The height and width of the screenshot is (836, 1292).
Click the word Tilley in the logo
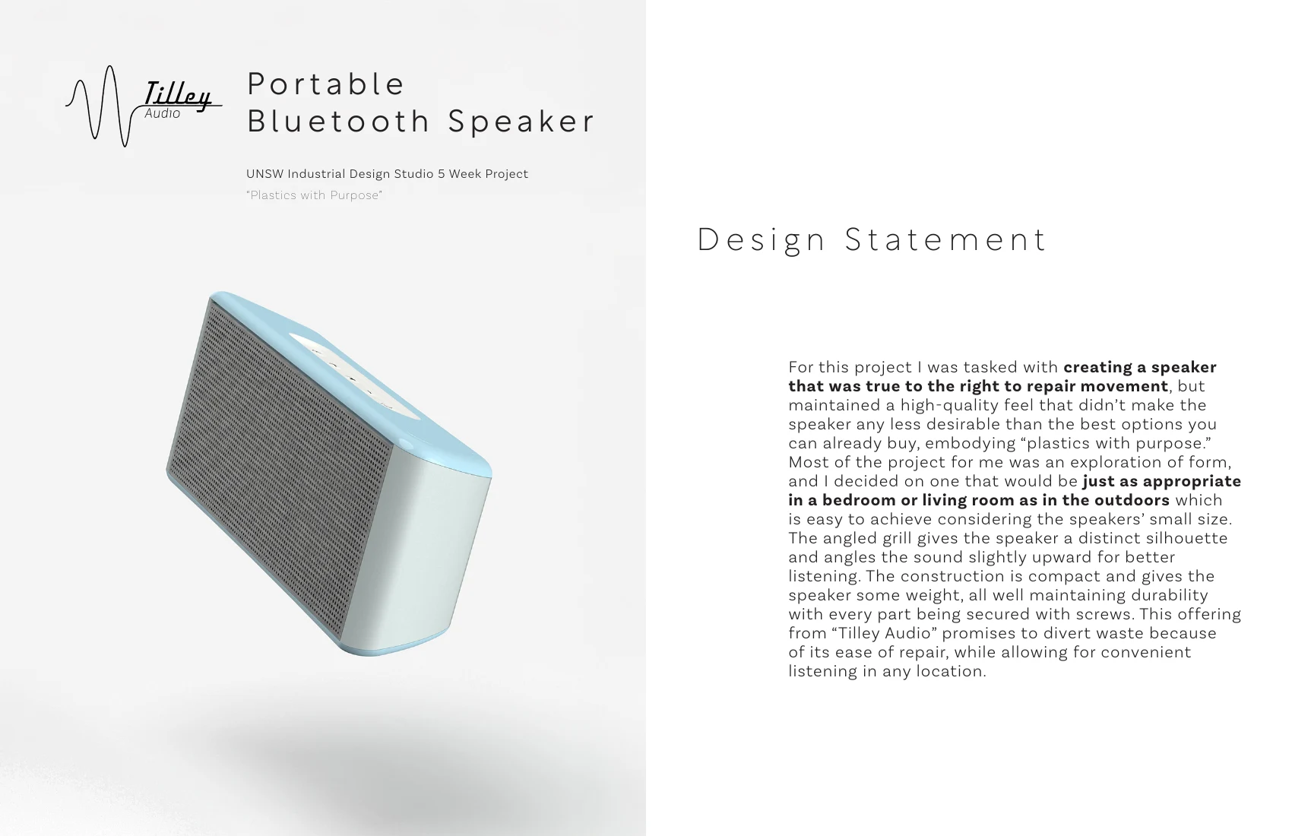(178, 95)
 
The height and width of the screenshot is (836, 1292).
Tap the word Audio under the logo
(162, 114)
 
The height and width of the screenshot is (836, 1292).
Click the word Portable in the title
(326, 84)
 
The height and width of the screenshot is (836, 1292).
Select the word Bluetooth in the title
(338, 121)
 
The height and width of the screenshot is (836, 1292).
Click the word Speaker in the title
(521, 122)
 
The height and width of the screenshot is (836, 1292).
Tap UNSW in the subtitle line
(264, 174)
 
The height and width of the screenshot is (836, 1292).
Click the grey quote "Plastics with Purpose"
(315, 195)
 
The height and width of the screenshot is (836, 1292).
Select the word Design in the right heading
(762, 240)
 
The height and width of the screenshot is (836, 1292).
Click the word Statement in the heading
(945, 239)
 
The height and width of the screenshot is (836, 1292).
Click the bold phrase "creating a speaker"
(1140, 367)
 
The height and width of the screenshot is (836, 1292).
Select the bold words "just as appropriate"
(1161, 481)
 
